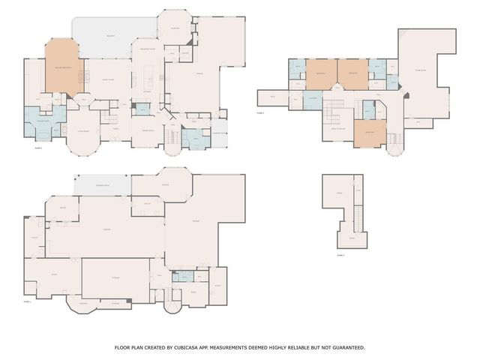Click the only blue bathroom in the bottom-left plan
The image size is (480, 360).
click(x=181, y=276)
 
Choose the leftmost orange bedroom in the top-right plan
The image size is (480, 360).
click(x=320, y=73)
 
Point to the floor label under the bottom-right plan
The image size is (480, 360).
click(x=340, y=256)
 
